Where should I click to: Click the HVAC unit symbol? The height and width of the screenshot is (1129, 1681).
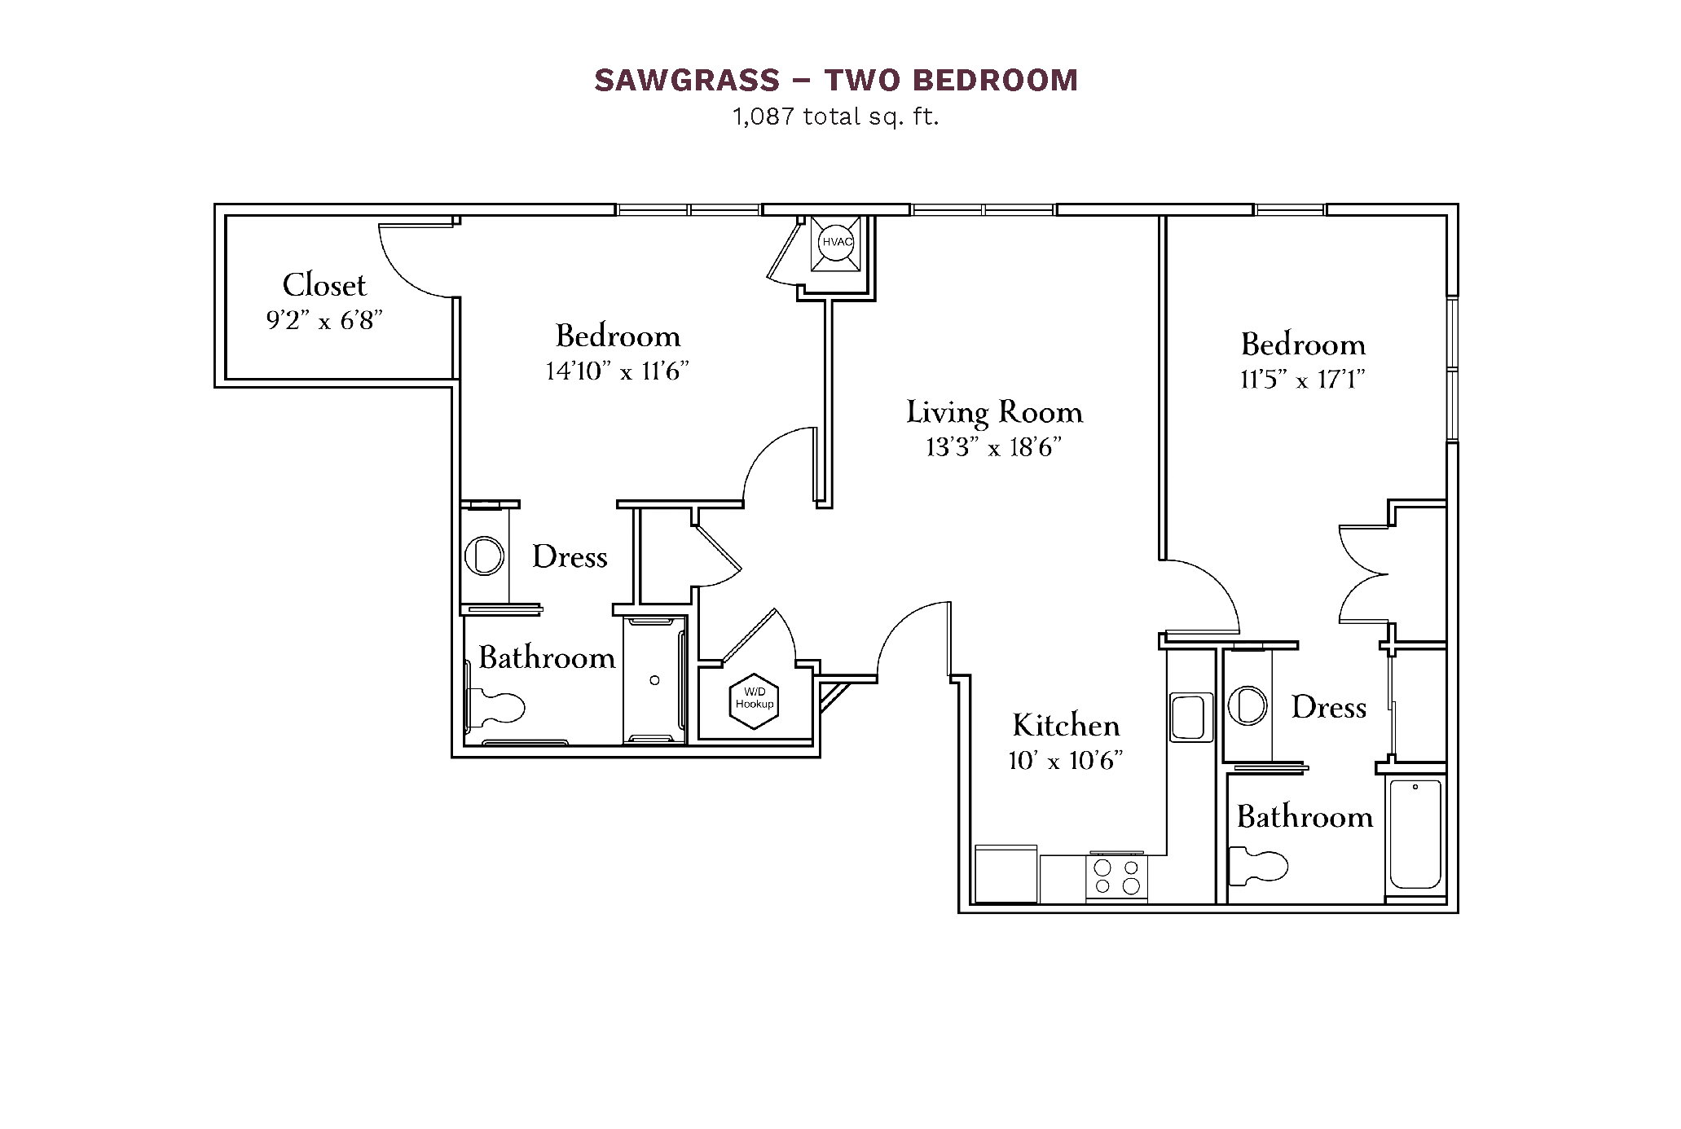835,243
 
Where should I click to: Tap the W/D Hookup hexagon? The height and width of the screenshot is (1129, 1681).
755,701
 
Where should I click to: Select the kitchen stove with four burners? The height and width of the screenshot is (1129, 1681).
1116,876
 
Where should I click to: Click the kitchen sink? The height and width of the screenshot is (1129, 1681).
1190,717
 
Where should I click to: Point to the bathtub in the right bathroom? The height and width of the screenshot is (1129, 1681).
1415,834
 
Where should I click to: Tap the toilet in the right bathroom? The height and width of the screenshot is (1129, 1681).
1258,866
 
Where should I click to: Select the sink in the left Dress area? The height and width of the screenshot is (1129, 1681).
484,556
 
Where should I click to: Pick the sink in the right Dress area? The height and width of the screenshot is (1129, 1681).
1247,705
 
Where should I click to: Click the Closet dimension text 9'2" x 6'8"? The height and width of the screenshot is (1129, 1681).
324,321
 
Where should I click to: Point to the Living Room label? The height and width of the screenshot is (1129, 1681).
995,412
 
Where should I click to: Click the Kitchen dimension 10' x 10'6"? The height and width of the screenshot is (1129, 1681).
1066,761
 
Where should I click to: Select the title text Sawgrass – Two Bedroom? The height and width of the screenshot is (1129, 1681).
836,80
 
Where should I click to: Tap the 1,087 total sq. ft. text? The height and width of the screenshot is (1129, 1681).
836,117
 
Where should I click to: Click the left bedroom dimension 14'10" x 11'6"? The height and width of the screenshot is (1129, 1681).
618,371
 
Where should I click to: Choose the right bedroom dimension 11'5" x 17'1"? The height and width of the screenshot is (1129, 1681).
1303,380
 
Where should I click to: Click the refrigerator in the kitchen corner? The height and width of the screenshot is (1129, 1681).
1006,874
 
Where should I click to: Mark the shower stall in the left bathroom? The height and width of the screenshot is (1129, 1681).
654,680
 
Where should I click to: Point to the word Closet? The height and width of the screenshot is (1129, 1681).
324,285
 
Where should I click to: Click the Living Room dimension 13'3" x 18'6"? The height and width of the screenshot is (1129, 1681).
994,447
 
